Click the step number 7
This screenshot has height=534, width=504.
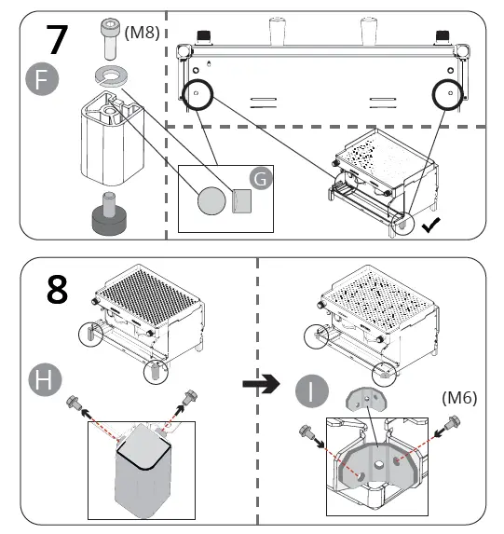(57, 39)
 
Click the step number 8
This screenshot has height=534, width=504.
(57, 290)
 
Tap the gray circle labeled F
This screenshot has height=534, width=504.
(42, 78)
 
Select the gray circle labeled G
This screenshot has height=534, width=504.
(261, 178)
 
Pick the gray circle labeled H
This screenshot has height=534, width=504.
(45, 379)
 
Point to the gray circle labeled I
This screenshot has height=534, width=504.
(311, 391)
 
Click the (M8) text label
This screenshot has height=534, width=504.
(142, 33)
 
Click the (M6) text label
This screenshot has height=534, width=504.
(459, 397)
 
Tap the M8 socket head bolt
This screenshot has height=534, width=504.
(110, 38)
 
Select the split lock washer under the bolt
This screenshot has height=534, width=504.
(112, 75)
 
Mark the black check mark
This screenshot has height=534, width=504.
(430, 226)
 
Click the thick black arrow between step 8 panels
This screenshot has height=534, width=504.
(261, 384)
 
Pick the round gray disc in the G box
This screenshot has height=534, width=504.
(211, 201)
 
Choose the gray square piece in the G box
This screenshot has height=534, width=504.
(242, 201)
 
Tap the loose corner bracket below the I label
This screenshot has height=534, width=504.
(366, 399)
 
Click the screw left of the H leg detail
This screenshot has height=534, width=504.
(74, 403)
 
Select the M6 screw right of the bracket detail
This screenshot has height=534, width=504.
(454, 423)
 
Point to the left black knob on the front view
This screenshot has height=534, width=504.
(203, 36)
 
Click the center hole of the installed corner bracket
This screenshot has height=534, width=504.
(378, 464)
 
